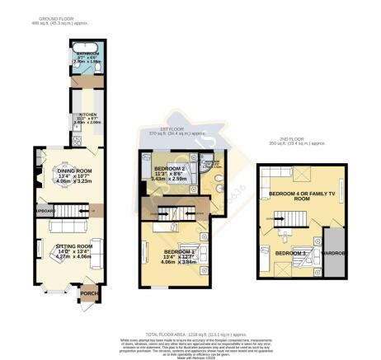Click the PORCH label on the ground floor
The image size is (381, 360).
[87, 289]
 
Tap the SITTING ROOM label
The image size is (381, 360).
[73, 245]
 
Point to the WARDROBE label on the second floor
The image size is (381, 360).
[333, 251]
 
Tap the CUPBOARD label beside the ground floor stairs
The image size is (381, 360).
[44, 210]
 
